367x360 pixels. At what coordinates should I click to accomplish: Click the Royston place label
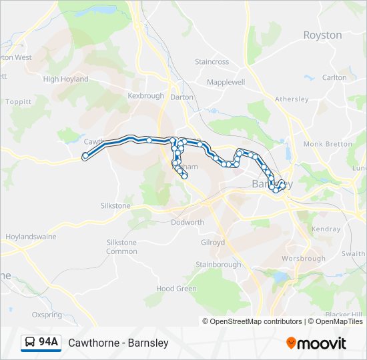coord(322,35)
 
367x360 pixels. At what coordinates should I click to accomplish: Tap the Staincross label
coord(212,62)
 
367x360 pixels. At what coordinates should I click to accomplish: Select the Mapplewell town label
coord(226,82)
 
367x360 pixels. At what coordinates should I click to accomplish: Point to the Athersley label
coord(292,99)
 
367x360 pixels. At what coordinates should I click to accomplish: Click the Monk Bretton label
coord(328,144)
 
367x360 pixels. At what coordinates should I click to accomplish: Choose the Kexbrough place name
coord(145,96)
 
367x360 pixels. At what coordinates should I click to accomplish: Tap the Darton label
coord(182,97)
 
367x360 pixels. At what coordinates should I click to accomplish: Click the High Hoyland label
coord(65,79)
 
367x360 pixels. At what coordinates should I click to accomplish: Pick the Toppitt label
coord(18,102)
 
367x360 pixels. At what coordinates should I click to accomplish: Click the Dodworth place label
coord(188,223)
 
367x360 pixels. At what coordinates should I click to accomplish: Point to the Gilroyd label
coord(213,243)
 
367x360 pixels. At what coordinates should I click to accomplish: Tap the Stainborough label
coord(218,265)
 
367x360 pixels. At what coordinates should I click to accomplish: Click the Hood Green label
coord(176,289)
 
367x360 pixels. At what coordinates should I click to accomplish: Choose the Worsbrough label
coord(304,259)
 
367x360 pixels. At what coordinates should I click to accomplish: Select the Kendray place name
coord(326,229)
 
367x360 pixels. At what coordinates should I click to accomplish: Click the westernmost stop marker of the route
coord(85,157)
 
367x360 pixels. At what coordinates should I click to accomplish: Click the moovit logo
coord(316,343)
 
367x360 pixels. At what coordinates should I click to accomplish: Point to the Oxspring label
coord(47,315)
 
